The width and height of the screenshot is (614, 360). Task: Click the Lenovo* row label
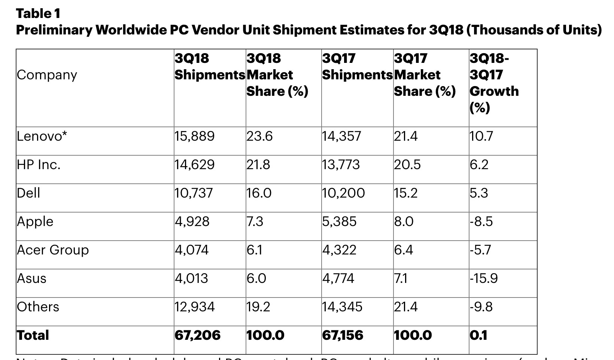click(42, 136)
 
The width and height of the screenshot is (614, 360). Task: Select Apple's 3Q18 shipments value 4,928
click(192, 222)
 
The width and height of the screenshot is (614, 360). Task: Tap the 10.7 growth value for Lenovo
click(481, 136)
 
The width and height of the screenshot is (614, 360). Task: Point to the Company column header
click(47, 75)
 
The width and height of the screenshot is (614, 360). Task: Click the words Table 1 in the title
click(38, 13)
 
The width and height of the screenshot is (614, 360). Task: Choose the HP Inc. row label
click(39, 165)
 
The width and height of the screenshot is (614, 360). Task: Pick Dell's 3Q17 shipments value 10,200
click(343, 193)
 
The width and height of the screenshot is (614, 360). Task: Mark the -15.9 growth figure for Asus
click(484, 278)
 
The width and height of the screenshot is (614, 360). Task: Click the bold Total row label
click(33, 335)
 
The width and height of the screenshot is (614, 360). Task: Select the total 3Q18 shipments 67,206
click(198, 335)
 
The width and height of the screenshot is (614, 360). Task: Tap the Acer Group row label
click(53, 250)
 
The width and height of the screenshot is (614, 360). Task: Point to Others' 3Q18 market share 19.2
click(258, 307)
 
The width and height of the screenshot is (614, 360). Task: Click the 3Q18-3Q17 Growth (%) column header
click(494, 83)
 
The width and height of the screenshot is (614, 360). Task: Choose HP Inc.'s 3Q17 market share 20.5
click(407, 165)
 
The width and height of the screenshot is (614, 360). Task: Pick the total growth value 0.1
click(479, 335)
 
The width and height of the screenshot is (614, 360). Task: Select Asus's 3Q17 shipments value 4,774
click(338, 278)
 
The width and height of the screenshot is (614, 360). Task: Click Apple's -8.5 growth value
click(481, 222)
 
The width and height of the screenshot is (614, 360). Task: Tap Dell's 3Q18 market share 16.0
click(259, 193)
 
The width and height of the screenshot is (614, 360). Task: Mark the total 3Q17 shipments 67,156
click(343, 335)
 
